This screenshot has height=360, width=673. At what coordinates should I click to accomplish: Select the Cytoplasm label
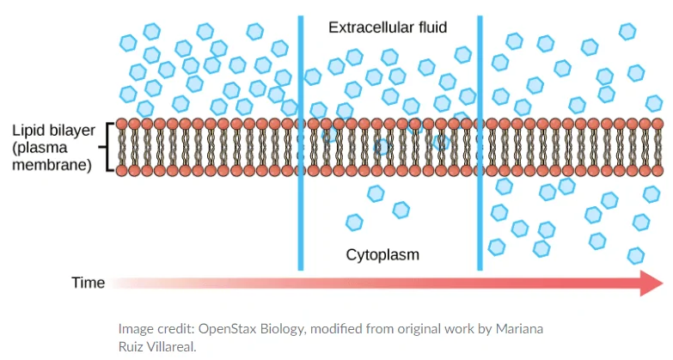(x=382, y=254)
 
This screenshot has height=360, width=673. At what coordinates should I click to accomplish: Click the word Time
(x=88, y=283)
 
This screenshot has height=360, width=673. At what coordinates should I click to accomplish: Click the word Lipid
(x=28, y=131)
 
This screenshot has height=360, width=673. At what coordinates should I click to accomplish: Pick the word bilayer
(x=71, y=131)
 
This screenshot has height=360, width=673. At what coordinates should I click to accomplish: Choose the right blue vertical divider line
(x=480, y=142)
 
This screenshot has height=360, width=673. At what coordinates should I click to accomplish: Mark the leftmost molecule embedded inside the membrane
(x=329, y=135)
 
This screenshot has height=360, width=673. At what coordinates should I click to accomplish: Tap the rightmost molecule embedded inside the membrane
(x=442, y=142)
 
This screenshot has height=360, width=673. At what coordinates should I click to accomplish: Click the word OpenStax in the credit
(x=226, y=329)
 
